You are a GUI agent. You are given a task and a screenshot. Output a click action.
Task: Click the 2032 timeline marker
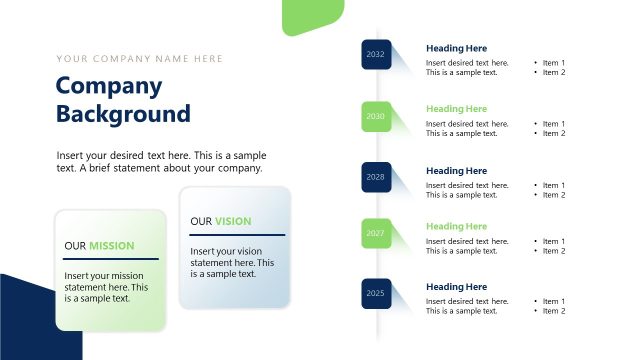click(376, 54)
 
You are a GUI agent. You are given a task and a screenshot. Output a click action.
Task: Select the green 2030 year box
click(376, 116)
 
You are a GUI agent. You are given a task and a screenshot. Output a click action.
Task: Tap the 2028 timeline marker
click(376, 177)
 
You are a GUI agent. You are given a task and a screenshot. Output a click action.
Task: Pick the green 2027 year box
click(376, 233)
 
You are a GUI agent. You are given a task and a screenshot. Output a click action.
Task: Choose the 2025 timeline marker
click(376, 293)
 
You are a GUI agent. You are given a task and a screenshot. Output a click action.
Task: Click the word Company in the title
click(108, 86)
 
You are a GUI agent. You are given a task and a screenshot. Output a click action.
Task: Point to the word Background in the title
click(123, 113)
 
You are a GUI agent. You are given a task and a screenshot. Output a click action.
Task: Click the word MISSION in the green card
click(112, 245)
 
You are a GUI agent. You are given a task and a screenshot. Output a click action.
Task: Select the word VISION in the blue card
click(233, 221)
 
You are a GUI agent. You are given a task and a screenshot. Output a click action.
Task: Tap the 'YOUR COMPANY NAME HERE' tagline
click(140, 59)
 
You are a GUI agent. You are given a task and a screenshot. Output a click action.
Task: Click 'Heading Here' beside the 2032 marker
click(456, 48)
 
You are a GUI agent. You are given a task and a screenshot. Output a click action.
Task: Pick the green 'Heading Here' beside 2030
click(456, 109)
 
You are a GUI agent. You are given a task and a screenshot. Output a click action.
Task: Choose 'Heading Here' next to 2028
click(456, 171)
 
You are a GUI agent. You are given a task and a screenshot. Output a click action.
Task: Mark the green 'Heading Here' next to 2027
click(456, 226)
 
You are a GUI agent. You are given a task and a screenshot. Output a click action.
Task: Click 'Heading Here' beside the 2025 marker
click(456, 287)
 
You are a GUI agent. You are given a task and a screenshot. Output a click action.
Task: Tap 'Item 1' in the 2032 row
click(554, 63)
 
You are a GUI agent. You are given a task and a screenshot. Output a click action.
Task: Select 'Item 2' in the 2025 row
click(554, 311)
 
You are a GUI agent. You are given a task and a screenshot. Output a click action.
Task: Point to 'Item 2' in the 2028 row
click(554, 195)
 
